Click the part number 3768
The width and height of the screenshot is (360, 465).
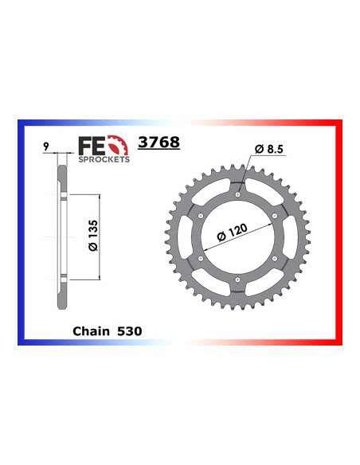(x=158, y=143)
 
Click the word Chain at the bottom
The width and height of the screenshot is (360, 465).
(x=90, y=328)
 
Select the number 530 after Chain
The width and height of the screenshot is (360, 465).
(x=129, y=328)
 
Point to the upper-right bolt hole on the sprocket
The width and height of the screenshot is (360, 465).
(x=275, y=215)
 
